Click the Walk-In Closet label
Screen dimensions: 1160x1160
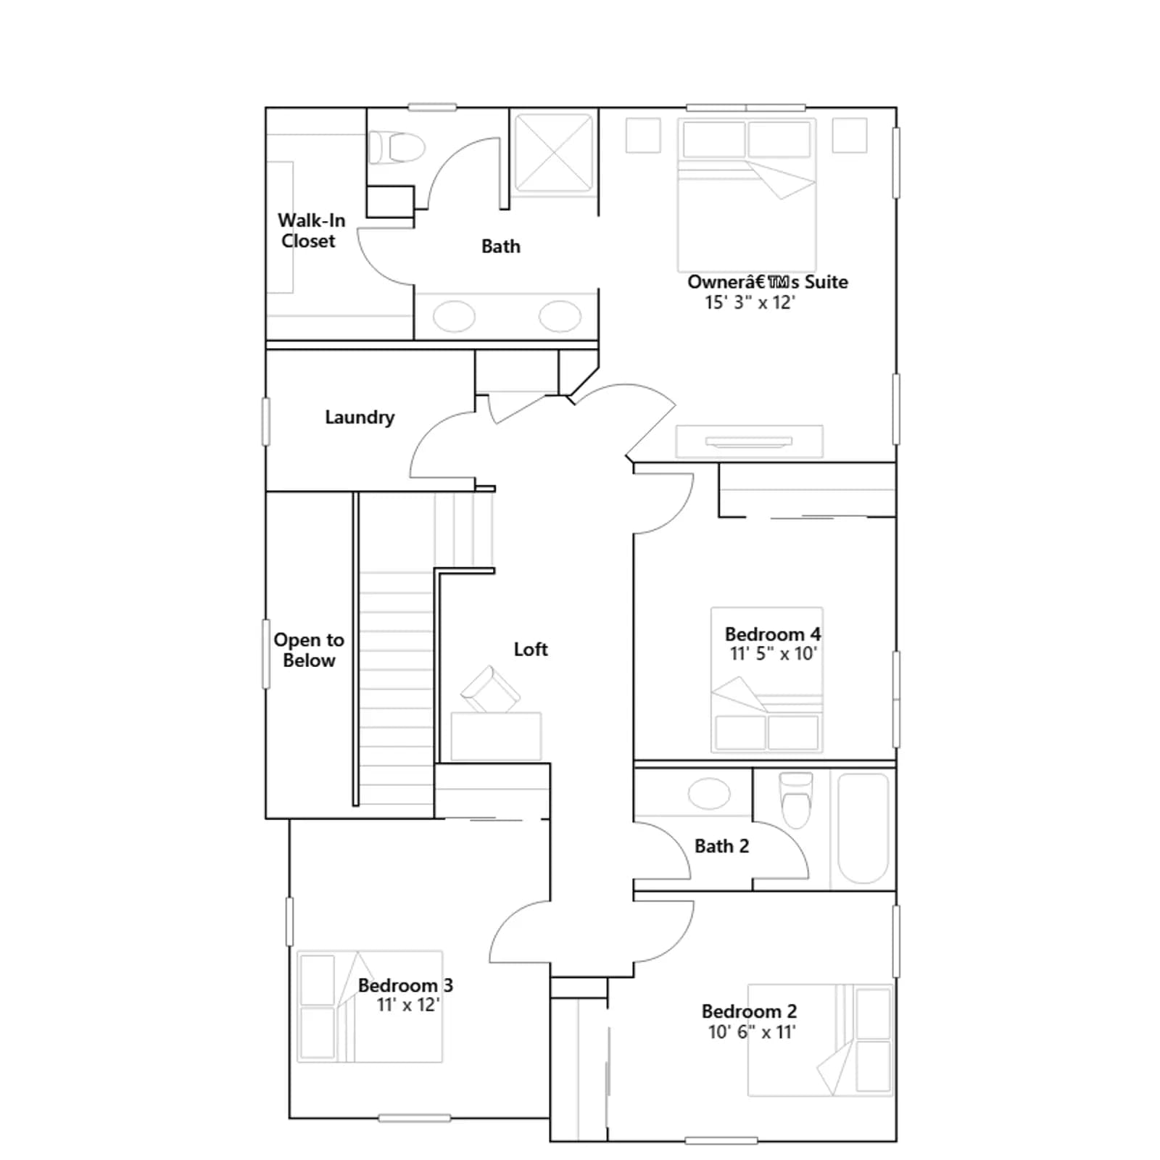click(311, 231)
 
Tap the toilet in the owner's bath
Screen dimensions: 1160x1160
click(397, 148)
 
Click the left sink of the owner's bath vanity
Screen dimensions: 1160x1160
click(454, 316)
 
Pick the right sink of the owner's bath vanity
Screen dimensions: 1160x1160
click(560, 316)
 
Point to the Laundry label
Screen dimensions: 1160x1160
click(360, 417)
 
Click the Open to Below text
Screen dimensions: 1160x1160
click(309, 650)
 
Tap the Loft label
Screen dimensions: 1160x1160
click(531, 649)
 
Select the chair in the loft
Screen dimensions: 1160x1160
click(490, 689)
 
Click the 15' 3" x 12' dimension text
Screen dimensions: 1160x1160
click(750, 302)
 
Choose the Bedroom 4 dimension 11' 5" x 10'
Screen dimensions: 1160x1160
click(773, 653)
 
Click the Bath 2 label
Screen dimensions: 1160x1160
click(721, 846)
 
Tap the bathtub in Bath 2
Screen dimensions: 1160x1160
click(863, 828)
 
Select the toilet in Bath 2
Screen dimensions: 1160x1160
click(795, 800)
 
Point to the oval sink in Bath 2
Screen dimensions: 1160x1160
click(709, 794)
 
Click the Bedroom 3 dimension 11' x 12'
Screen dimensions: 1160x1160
click(408, 1005)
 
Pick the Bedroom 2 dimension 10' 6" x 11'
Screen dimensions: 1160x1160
click(752, 1032)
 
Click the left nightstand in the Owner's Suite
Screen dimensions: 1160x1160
click(643, 136)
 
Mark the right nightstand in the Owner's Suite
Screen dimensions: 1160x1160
click(850, 136)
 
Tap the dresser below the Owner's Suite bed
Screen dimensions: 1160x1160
click(750, 442)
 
